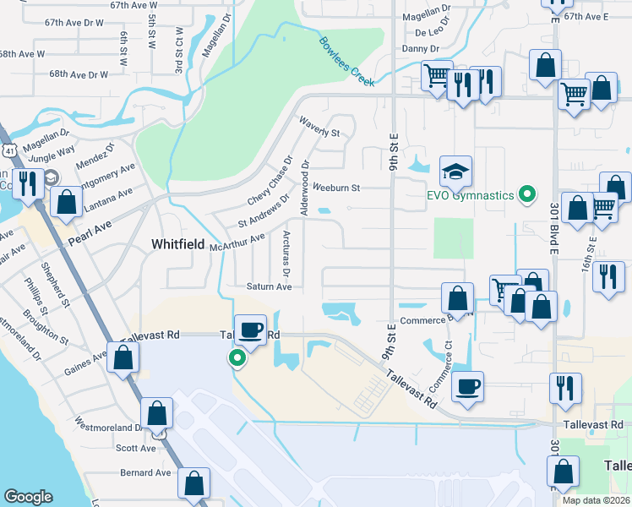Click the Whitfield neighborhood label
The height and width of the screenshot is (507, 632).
(178, 243)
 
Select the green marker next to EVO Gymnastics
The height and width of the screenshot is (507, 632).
(528, 195)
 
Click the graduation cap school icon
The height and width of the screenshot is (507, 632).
(455, 173)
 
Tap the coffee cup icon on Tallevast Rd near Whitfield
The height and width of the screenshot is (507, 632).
(250, 330)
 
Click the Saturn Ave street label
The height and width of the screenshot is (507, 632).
(270, 286)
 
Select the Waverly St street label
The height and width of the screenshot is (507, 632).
(318, 127)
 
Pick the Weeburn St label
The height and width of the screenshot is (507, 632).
(336, 187)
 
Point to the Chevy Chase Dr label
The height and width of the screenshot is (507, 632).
(270, 180)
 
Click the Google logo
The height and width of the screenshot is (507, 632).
(28, 496)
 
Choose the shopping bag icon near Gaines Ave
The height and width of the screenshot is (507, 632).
(123, 357)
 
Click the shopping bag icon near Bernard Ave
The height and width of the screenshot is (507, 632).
(194, 483)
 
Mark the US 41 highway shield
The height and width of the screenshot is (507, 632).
(8, 150)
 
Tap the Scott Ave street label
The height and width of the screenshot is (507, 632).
(136, 448)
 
